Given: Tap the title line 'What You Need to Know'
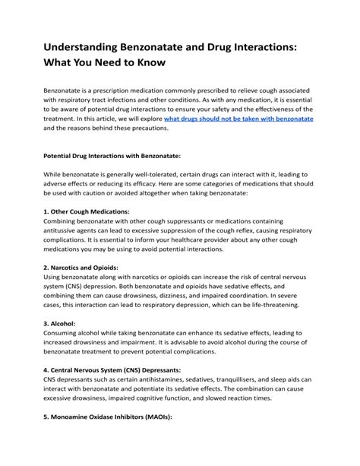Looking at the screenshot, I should click(109, 60).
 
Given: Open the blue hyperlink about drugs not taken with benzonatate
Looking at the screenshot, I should click(238, 119).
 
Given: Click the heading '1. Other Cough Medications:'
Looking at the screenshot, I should click(87, 211).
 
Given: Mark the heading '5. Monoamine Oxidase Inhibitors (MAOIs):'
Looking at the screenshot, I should click(108, 417).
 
